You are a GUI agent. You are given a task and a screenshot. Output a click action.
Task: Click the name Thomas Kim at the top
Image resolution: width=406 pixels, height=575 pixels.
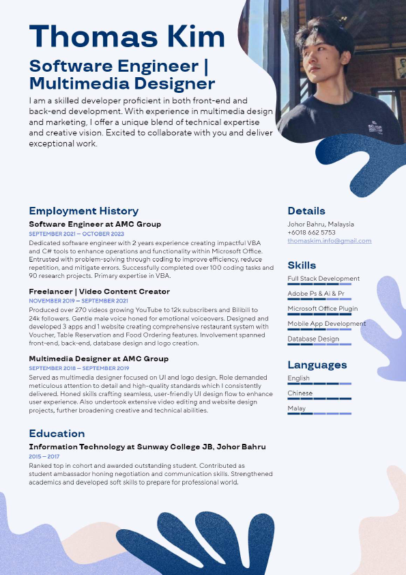pos(127,37)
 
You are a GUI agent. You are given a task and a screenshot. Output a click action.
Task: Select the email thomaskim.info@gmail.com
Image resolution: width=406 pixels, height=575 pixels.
pos(330,241)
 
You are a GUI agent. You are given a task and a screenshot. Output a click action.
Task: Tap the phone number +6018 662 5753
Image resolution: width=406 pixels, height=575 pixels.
pos(311,232)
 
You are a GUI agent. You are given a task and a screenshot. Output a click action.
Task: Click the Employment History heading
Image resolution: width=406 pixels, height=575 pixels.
pos(83,211)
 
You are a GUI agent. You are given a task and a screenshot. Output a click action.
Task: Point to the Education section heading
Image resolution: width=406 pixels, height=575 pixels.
pos(57,434)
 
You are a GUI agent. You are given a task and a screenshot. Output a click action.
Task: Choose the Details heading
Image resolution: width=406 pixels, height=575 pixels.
pos(306,211)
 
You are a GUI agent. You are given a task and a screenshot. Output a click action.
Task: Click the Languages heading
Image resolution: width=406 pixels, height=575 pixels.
pos(317,365)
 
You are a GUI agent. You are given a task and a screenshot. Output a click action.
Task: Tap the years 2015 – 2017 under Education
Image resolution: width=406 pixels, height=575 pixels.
pos(44,456)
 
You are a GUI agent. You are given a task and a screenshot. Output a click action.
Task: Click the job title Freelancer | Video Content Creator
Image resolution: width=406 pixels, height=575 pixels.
pos(99,292)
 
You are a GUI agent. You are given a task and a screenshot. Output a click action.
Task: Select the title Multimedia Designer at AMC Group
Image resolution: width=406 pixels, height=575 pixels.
pos(98,359)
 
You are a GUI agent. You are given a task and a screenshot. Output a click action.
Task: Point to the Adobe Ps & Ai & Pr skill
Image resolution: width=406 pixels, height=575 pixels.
pos(316,294)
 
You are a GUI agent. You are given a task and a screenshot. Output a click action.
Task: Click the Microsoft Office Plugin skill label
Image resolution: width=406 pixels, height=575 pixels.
pos(323,309)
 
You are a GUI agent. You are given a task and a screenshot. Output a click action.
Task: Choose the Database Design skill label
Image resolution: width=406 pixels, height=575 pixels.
pos(313,339)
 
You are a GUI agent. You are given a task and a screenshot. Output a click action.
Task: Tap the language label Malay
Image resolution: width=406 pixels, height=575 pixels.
pos(296,408)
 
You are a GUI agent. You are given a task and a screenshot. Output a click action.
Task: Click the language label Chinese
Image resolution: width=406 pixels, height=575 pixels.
pos(300,393)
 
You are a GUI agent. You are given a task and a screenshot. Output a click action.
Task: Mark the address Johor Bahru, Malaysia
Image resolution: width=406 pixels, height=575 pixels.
pos(321,224)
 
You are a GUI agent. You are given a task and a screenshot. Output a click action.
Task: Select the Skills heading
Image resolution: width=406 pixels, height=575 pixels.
pos(302,265)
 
